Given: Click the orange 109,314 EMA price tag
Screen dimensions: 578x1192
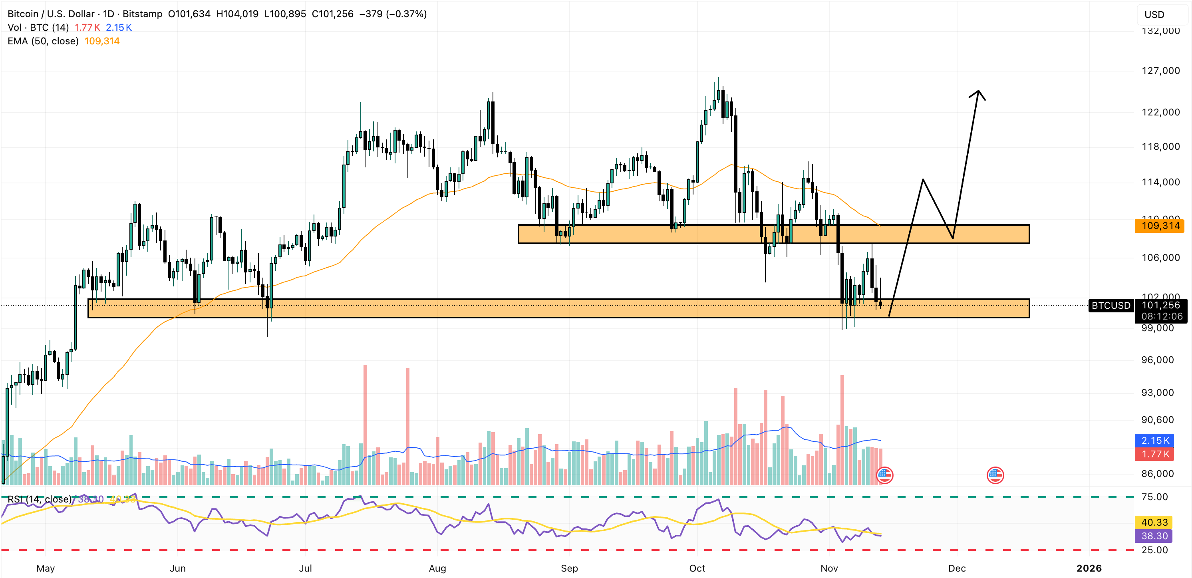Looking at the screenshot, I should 1160,226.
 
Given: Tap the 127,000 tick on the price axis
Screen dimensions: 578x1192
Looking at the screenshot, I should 1160,71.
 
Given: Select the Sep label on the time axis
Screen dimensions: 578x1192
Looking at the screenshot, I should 569,568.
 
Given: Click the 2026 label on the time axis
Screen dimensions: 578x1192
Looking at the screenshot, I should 1089,568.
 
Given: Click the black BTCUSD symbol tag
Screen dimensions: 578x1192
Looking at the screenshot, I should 1111,306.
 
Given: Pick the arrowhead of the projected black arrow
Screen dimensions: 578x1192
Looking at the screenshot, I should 978,93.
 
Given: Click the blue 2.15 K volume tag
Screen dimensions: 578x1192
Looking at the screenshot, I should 1155,441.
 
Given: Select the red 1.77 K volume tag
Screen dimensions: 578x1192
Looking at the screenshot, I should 1155,454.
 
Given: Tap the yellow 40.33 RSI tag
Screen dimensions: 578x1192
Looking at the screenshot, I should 1154,522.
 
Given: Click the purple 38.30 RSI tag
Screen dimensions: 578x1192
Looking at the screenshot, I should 1154,536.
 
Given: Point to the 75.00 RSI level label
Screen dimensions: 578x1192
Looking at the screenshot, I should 1154,497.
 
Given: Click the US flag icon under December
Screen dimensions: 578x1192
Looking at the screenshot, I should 995,475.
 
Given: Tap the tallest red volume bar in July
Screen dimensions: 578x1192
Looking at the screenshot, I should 365,417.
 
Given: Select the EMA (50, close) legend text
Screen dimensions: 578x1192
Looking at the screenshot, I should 43,41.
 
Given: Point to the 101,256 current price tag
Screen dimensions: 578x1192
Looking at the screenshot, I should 1160,306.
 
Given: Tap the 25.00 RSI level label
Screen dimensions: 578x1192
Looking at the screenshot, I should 1154,550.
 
